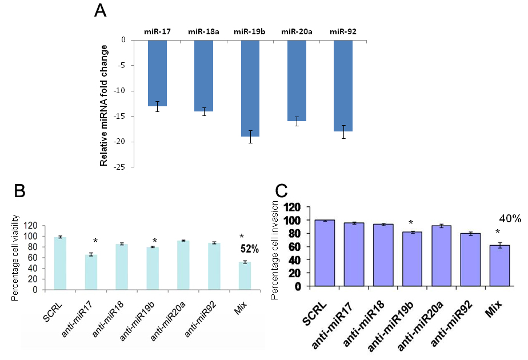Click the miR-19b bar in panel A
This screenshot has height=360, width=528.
pos(250,89)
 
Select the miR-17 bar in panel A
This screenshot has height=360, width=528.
pos(158,73)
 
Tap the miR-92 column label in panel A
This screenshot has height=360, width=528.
pos(343,31)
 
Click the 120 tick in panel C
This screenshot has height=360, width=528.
pos(294,207)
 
